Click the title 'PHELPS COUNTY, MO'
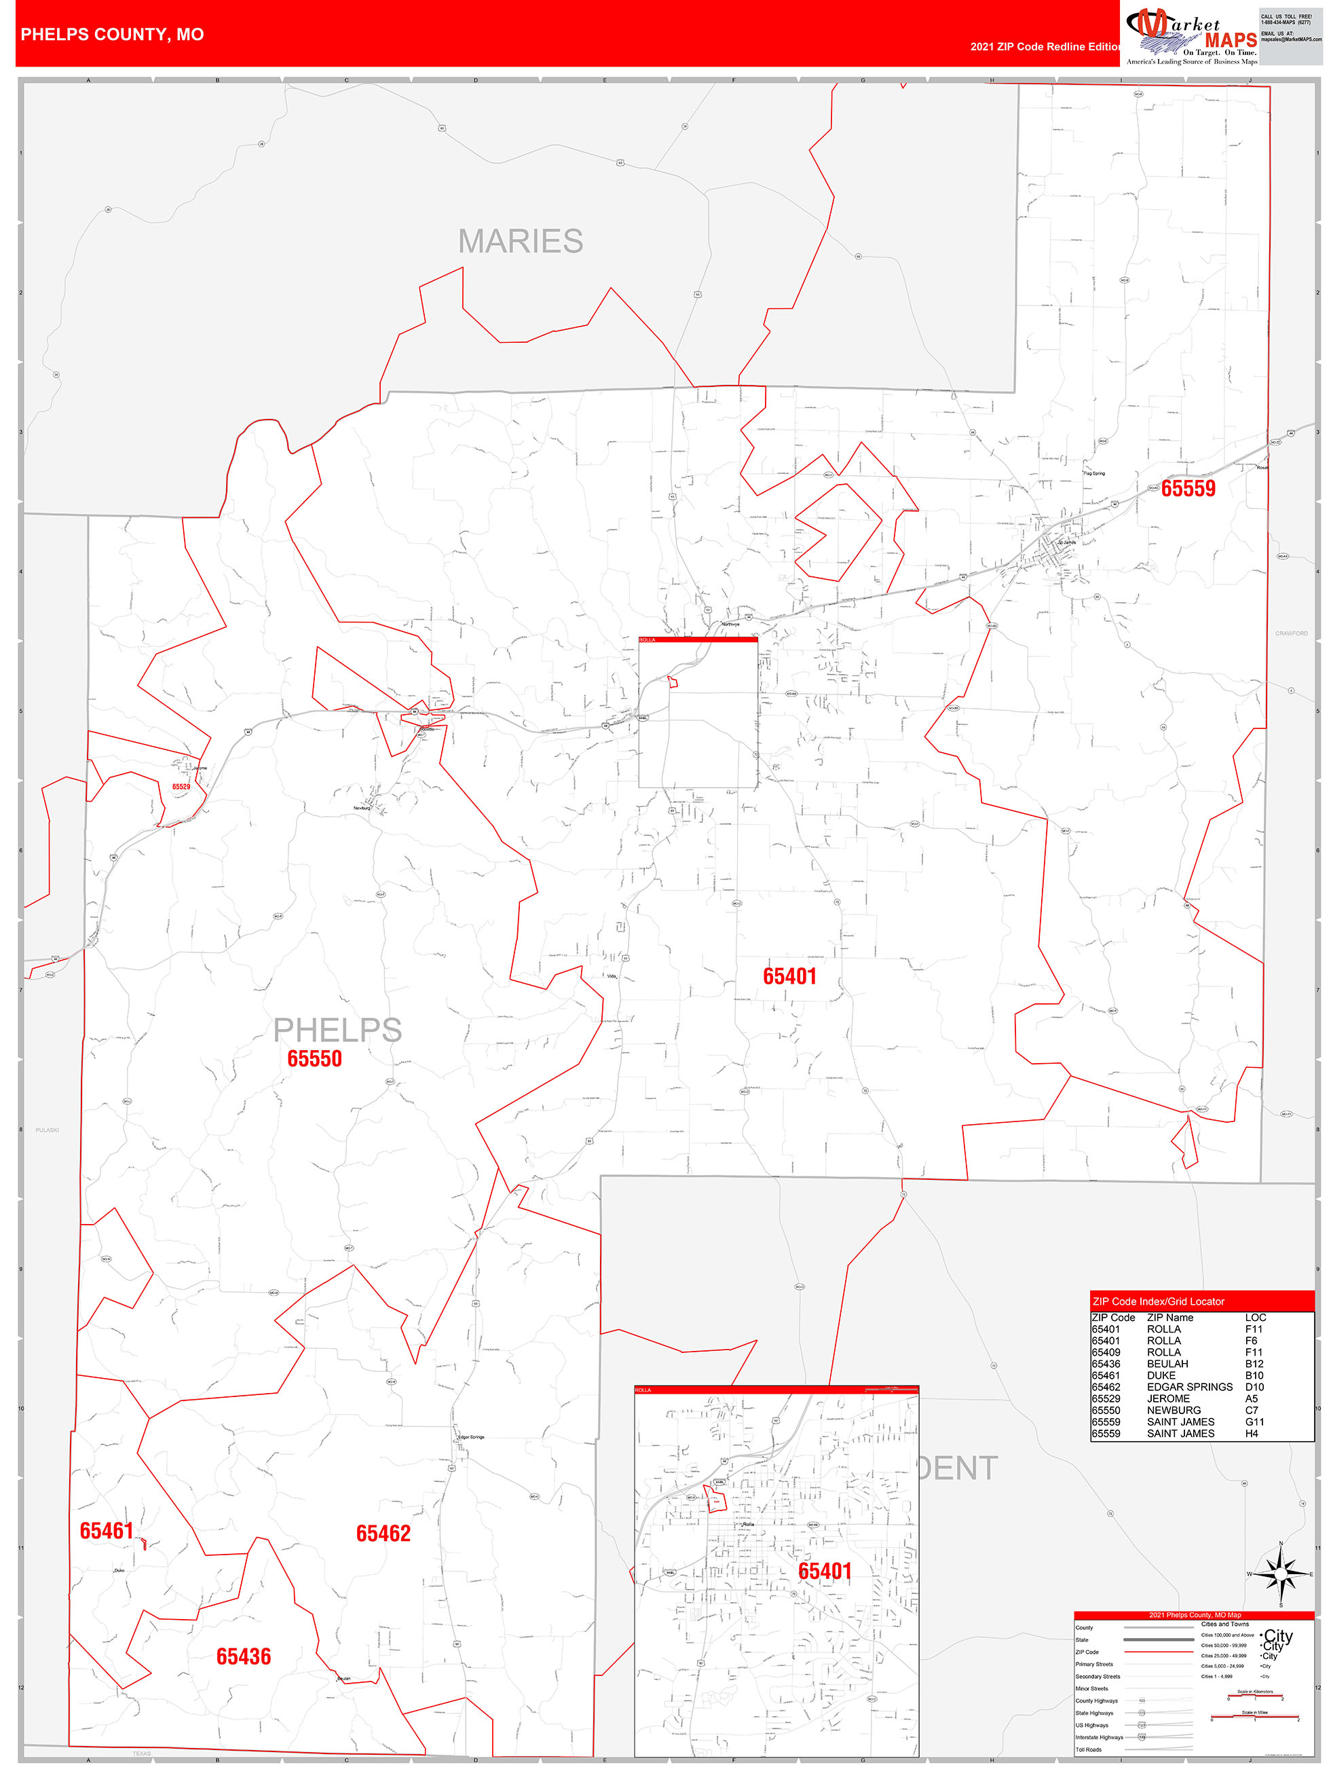click(x=112, y=35)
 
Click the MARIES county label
click(x=521, y=241)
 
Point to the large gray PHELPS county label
click(x=337, y=1030)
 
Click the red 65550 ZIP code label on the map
click(x=314, y=1059)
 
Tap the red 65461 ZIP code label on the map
click(x=106, y=1530)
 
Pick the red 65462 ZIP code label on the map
click(x=383, y=1533)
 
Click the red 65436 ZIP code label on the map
click(x=244, y=1656)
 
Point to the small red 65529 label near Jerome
click(x=181, y=787)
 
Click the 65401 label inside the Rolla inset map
click(x=825, y=1571)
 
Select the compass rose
click(x=1281, y=1574)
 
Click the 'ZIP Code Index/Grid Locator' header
click(x=1158, y=1301)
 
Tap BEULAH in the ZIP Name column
click(x=1167, y=1364)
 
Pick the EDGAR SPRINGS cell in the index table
click(x=1189, y=1387)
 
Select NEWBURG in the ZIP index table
click(x=1173, y=1410)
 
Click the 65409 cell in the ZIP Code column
click(x=1105, y=1352)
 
